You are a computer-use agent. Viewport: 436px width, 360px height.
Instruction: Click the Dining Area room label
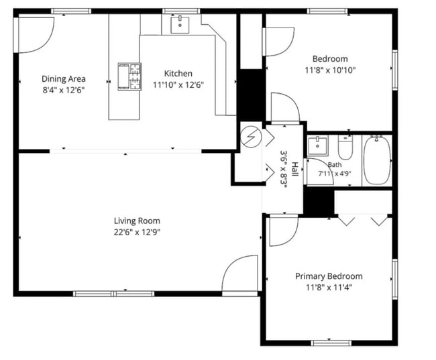64,79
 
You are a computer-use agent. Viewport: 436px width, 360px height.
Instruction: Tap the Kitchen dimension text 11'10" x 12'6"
178,84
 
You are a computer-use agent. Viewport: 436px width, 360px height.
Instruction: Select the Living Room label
137,221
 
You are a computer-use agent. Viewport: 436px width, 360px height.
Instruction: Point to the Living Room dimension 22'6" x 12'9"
137,232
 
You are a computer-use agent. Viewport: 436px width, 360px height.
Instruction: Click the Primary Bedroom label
329,276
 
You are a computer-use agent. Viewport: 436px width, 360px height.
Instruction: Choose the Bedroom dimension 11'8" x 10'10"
330,70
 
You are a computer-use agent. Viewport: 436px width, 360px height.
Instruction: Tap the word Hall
294,169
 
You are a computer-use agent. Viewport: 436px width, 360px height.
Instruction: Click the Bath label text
335,165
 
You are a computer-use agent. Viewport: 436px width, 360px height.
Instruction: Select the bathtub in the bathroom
377,160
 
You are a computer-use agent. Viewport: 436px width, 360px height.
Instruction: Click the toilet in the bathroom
345,147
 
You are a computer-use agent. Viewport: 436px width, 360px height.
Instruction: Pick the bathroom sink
318,145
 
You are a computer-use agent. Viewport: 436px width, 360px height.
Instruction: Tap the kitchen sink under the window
180,25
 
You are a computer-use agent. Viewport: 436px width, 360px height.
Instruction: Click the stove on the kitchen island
129,76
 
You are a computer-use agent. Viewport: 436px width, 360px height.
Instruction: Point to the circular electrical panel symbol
251,137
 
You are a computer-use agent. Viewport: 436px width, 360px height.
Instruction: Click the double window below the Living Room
114,294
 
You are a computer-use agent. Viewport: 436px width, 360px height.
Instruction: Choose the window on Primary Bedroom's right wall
394,279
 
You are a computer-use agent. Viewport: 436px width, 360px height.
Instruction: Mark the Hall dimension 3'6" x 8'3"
284,169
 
